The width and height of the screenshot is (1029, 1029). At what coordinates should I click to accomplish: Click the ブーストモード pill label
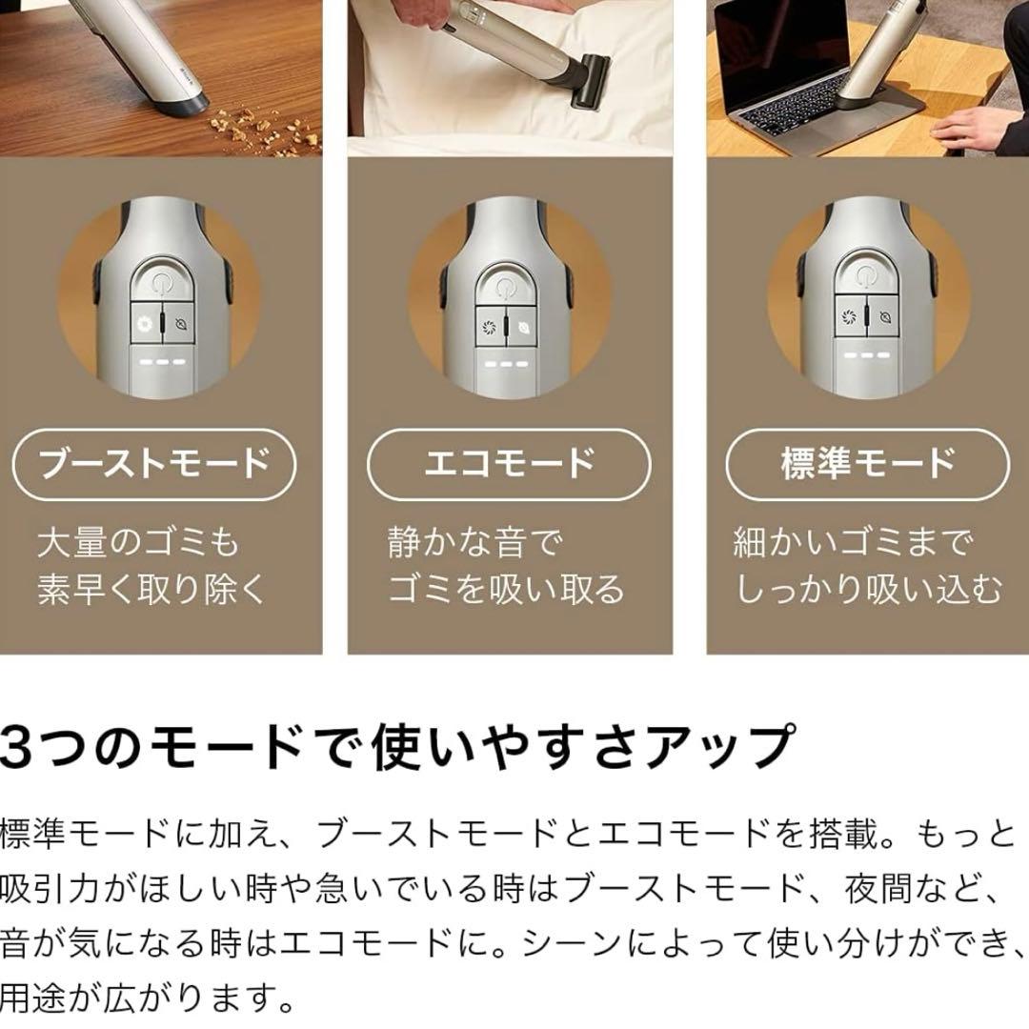pos(154,464)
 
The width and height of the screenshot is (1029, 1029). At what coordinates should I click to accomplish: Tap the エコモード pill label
pos(509,464)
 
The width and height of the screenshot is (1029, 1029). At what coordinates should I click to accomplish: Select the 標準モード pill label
pos(868,464)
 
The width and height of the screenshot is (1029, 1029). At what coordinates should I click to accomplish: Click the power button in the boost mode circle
pos(161,281)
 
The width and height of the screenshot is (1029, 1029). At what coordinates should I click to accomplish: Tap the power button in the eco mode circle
pos(505,286)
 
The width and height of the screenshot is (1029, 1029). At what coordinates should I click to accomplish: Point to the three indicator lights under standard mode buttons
pos(866,355)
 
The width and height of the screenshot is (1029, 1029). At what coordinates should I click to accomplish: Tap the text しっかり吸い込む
pos(868,589)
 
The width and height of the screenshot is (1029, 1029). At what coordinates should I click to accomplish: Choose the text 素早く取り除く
pos(151,589)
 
